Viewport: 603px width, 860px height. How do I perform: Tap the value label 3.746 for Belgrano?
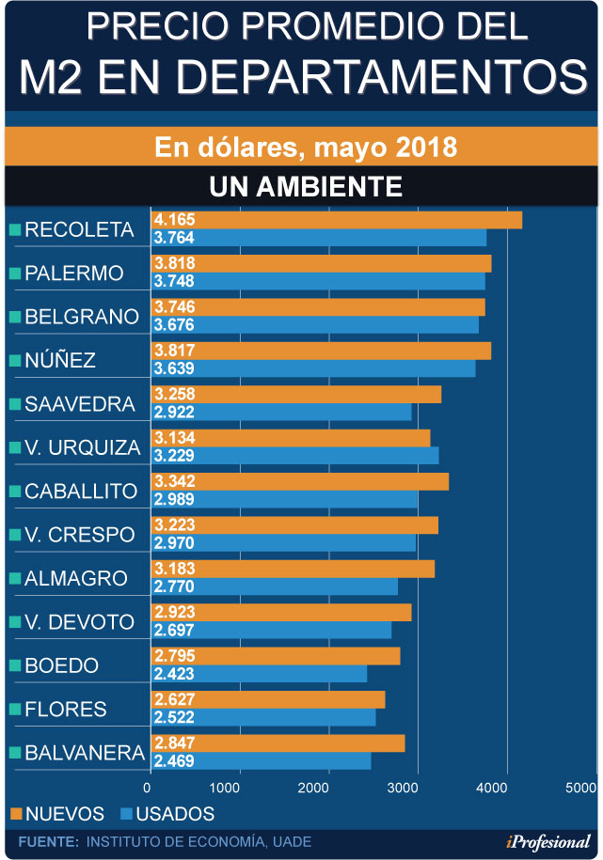point(174,307)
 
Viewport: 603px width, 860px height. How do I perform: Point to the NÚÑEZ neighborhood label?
point(60,360)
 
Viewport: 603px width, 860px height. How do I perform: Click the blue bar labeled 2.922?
point(281,413)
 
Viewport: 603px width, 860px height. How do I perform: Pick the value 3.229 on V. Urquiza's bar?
point(174,456)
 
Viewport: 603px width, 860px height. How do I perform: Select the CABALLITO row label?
point(80,491)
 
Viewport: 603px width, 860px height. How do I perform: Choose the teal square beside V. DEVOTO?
point(14,622)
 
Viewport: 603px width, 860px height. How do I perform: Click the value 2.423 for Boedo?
point(174,674)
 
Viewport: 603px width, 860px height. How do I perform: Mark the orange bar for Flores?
point(268,699)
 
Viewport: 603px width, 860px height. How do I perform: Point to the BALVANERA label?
point(84,753)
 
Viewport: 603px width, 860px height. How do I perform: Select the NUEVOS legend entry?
point(57,814)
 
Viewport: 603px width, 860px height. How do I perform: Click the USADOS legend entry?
point(167,814)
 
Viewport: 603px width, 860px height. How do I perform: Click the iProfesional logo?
point(549,841)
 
